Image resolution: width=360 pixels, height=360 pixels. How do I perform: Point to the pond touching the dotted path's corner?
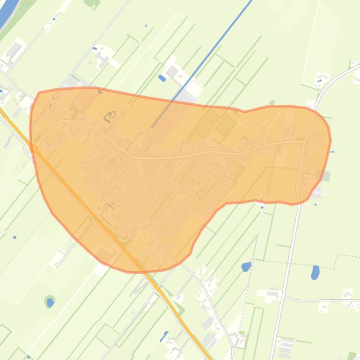pos(246,267)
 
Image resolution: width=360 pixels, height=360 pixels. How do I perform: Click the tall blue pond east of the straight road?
pos(315,272)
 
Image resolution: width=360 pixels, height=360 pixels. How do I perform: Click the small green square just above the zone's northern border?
pos(272,102)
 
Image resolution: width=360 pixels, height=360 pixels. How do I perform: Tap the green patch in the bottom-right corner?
pos(352,356)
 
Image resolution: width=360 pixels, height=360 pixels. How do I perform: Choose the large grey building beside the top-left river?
pos(13,49)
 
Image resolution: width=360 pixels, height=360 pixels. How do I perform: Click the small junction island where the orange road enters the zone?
pos(34,148)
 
